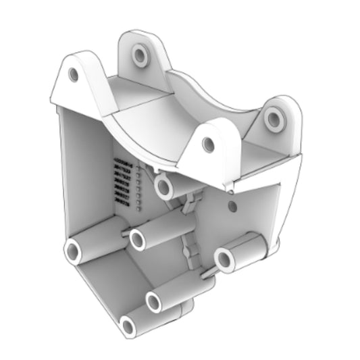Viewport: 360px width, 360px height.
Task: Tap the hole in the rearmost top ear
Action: pyautogui.click(x=140, y=54)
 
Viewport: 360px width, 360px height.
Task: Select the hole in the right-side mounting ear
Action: pyautogui.click(x=274, y=119)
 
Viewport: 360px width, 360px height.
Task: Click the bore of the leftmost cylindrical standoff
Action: pyautogui.click(x=72, y=252)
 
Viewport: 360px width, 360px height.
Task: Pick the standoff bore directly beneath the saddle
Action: pyautogui.click(x=162, y=186)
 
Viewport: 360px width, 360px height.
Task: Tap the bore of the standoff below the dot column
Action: pyautogui.click(x=139, y=238)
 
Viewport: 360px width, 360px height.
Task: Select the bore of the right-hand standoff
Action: pyautogui.click(x=225, y=259)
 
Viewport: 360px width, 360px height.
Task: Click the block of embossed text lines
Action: pyautogui.click(x=122, y=179)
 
